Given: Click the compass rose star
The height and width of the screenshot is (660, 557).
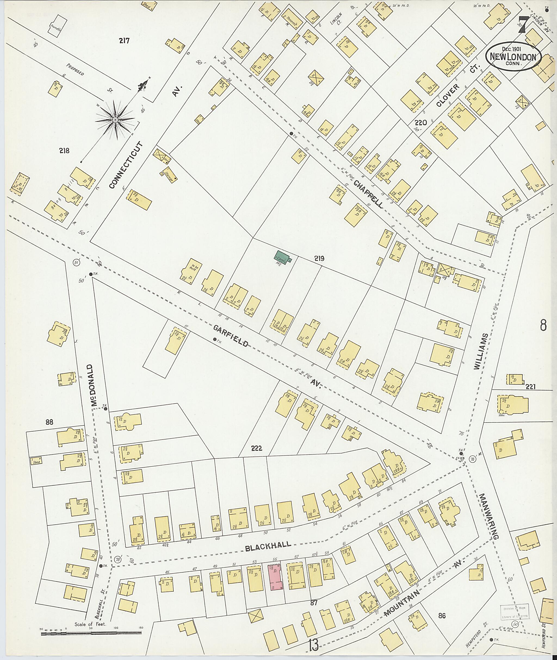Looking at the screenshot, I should [115, 120].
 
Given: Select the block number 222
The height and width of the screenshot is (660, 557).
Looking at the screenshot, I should [256, 448].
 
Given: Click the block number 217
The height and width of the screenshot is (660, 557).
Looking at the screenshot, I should [124, 40].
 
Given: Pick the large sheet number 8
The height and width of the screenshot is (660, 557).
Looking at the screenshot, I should [543, 325].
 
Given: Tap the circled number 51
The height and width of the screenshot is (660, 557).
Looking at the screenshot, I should [76, 262].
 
